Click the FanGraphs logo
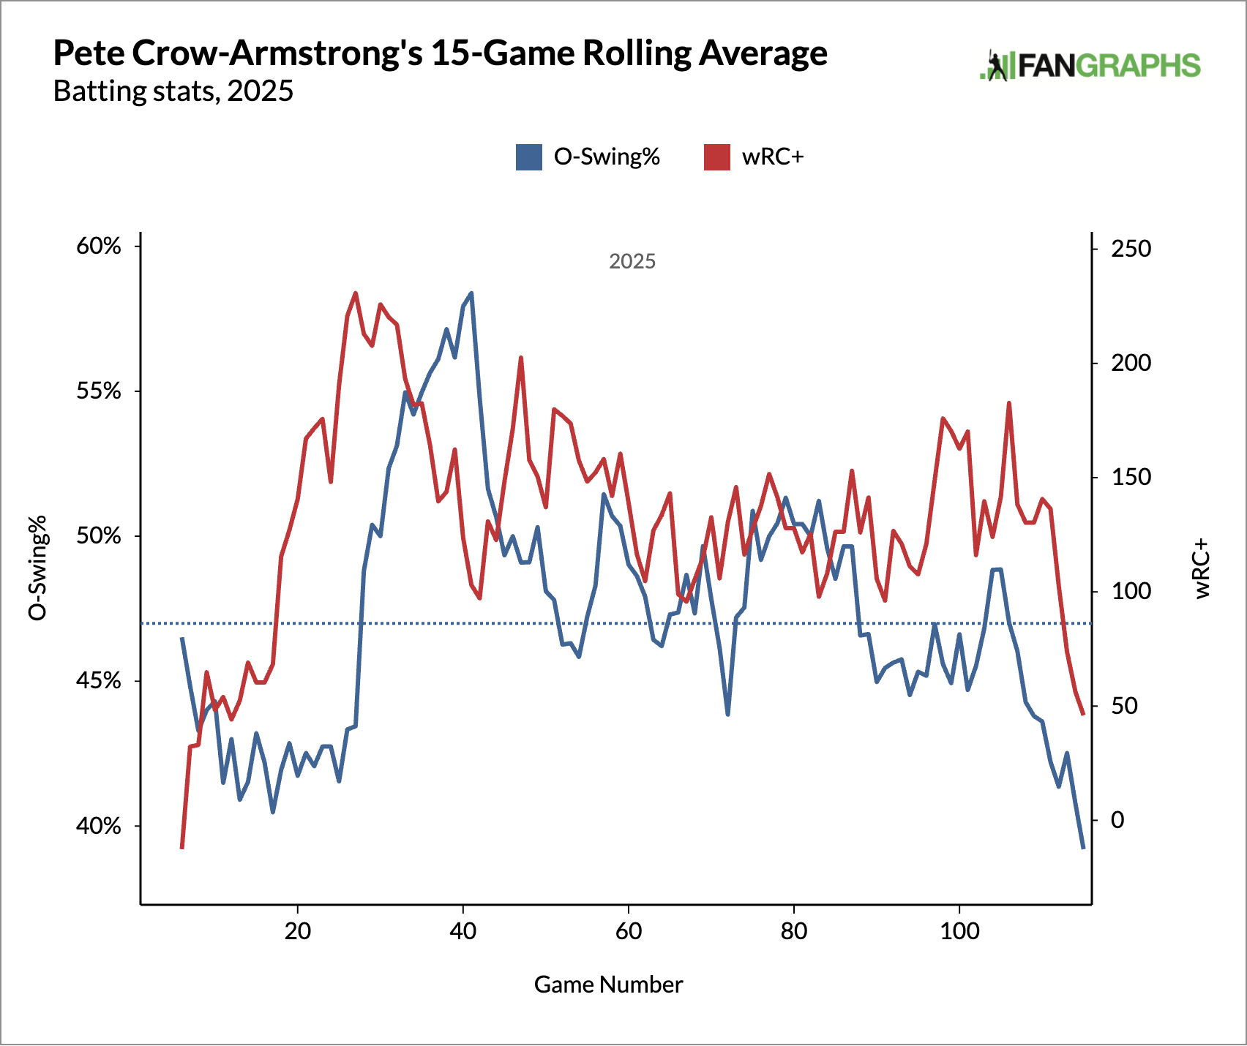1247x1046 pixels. click(1090, 66)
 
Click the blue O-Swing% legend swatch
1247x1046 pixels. click(528, 157)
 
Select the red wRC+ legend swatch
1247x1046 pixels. click(716, 157)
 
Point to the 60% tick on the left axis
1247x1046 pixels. click(99, 246)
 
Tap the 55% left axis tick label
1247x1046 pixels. click(99, 391)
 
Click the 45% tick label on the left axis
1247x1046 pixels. click(99, 681)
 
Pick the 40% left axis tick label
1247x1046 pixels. click(99, 827)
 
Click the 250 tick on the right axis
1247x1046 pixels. click(1131, 249)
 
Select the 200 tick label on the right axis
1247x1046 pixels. click(1131, 363)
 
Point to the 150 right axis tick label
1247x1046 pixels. click(1131, 477)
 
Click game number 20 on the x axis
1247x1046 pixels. click(298, 931)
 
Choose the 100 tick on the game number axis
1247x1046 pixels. click(959, 931)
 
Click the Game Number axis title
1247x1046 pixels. click(608, 985)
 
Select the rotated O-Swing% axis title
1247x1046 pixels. click(37, 568)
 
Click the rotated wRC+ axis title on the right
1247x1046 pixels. click(1202, 569)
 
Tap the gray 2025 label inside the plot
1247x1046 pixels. click(632, 262)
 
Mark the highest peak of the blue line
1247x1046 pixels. click(471, 293)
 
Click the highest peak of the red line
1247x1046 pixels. click(355, 293)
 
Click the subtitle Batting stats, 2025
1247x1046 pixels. click(173, 91)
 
